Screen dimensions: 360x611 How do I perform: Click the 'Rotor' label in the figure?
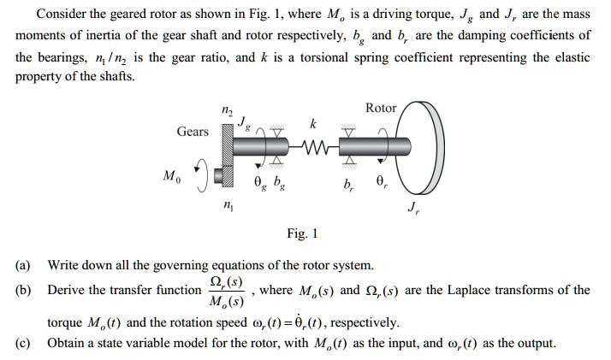(380, 108)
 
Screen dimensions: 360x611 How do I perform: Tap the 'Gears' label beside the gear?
(193, 131)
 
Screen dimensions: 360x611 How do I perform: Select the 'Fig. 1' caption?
(302, 232)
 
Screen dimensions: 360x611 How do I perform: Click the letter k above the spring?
(312, 125)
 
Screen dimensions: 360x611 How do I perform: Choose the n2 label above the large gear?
(227, 109)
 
